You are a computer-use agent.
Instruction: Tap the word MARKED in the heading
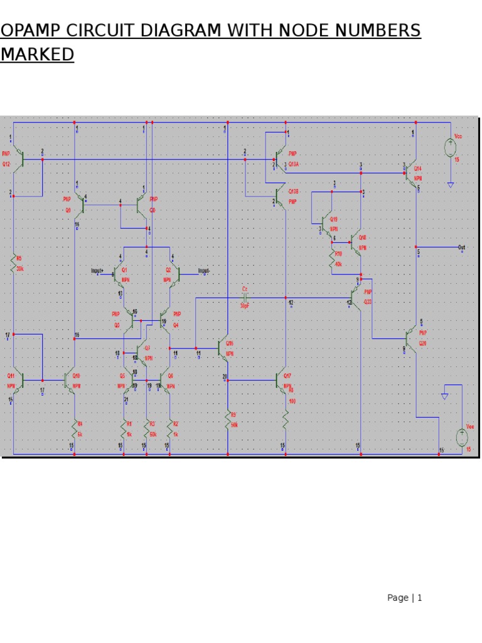[x=37, y=55]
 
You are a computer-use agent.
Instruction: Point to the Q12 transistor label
[x=6, y=164]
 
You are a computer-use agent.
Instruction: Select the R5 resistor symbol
[x=13, y=264]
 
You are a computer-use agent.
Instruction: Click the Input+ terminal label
[x=97, y=271]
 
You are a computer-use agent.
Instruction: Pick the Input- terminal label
[x=204, y=271]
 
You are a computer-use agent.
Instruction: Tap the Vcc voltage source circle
[x=451, y=148]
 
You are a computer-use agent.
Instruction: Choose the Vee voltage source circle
[x=462, y=438]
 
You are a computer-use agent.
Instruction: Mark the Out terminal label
[x=461, y=247]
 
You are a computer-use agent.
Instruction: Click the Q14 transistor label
[x=418, y=168]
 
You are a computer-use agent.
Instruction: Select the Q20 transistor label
[x=422, y=343]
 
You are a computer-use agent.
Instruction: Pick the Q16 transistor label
[x=230, y=343]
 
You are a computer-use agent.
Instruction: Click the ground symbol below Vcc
[x=451, y=184]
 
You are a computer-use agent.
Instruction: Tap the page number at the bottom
[x=404, y=598]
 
